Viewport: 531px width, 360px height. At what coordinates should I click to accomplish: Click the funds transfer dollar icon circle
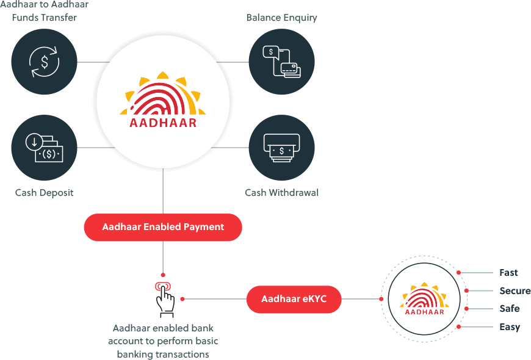pos(44,62)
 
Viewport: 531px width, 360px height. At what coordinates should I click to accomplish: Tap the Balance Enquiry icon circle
pos(281,62)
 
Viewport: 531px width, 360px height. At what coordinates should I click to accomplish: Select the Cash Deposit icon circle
pos(44,147)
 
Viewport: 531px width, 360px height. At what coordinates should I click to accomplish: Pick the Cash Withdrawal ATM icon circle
pos(281,147)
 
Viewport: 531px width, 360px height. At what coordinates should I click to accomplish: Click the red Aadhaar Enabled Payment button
pos(163,227)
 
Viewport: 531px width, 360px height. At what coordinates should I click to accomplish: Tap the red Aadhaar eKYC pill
pos(294,299)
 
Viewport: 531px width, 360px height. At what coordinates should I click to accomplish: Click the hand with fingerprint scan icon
pos(164,297)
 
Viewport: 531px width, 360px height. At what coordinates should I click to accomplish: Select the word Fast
pos(508,273)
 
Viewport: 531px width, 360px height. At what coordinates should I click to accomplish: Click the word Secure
pos(515,290)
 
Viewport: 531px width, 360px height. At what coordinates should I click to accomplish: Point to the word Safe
pos(510,308)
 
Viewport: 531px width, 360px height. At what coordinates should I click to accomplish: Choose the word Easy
pos(510,326)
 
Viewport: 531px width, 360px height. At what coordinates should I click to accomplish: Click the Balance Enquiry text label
pos(281,18)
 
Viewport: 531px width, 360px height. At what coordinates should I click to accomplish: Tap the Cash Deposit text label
pos(44,193)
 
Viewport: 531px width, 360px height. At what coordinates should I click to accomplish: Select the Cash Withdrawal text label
pos(281,193)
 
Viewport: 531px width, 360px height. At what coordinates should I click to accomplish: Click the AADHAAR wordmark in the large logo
pos(163,122)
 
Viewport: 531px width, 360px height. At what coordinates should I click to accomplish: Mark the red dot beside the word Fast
pos(458,273)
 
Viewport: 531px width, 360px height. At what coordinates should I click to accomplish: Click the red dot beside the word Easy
pos(458,327)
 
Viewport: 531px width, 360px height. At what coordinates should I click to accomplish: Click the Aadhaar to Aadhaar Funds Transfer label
pos(44,11)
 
